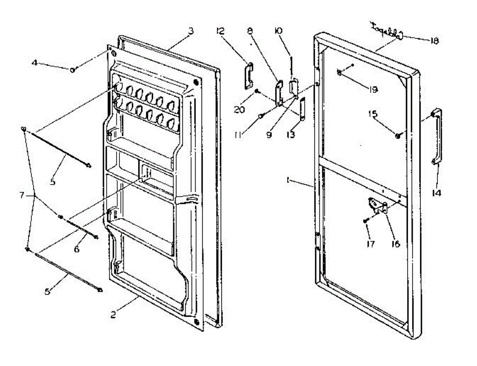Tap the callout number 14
point(436,193)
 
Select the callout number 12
point(221,31)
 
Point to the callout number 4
point(35,62)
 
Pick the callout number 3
point(191,31)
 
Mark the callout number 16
point(395,244)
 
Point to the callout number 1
point(287,180)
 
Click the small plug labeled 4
point(73,70)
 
